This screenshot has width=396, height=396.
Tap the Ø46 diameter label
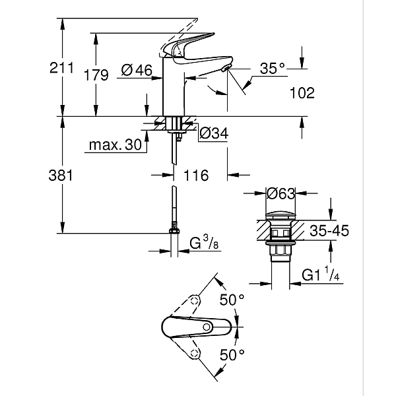click(x=137, y=69)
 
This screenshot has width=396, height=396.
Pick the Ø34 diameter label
click(x=213, y=134)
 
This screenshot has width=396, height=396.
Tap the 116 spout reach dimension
click(x=196, y=176)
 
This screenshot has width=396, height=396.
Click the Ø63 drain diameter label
click(x=280, y=193)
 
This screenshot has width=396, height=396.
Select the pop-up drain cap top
click(x=279, y=215)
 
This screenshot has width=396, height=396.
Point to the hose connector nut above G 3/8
click(x=174, y=230)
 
